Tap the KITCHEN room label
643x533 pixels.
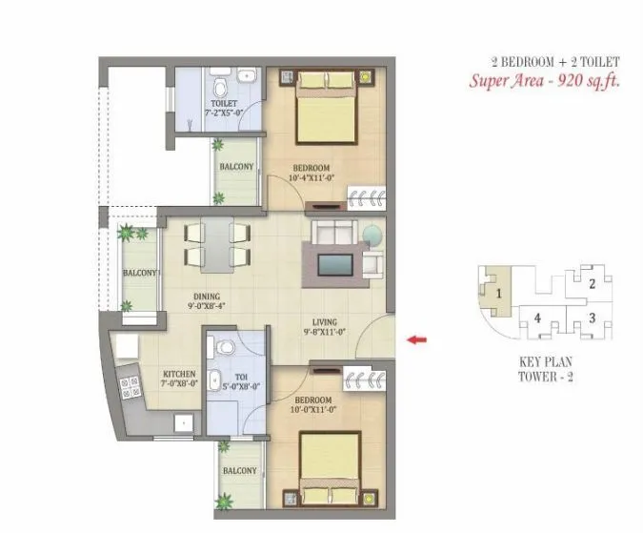click(179, 374)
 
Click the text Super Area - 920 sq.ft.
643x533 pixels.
click(544, 80)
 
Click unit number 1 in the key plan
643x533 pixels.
click(497, 293)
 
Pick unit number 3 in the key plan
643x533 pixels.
click(592, 318)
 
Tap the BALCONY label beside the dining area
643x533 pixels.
click(140, 274)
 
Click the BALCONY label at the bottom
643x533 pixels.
click(238, 470)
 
